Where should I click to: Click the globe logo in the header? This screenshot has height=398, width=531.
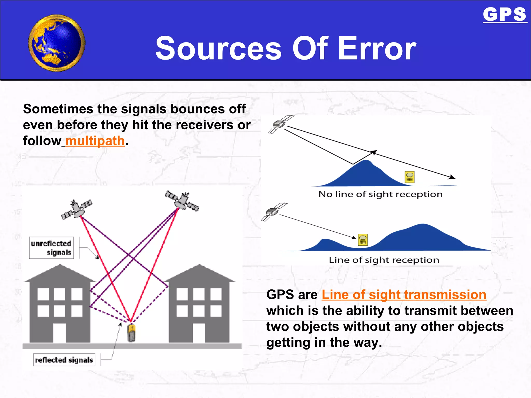coord(57,43)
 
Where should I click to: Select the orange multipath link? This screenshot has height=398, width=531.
coord(95,141)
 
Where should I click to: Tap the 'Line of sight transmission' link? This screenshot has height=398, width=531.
coord(404,295)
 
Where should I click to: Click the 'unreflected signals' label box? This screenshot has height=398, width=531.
coord(51,248)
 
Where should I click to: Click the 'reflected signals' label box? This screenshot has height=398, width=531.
coord(64,360)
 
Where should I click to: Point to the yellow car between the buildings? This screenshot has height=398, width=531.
coord(132,333)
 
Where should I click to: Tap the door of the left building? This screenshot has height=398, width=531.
coord(59,333)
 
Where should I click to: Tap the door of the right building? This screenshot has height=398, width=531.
coord(199,333)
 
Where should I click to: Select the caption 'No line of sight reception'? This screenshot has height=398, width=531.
coord(380,194)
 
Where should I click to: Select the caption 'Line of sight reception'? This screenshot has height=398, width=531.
coord(384,260)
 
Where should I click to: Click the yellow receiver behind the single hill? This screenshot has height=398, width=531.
coord(409,177)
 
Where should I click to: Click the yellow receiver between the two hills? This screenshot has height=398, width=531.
coord(363,240)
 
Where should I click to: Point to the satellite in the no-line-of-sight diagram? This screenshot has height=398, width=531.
coord(280,124)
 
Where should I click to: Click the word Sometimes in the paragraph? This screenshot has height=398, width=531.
coord(58,109)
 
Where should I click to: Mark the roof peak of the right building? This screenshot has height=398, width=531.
coord(199,265)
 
